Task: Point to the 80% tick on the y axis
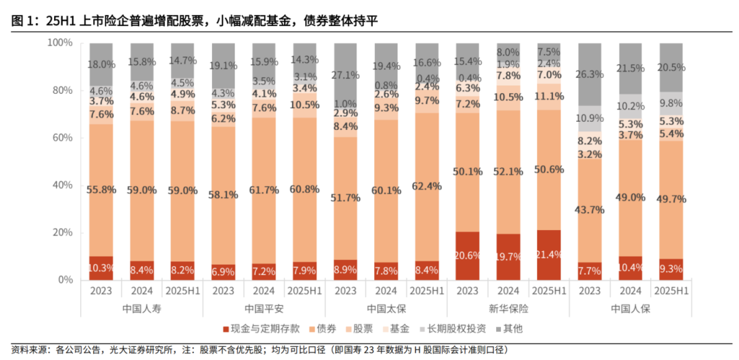[x=62, y=90]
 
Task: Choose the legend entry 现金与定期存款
[x=257, y=329]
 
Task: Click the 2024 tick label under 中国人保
[x=631, y=291]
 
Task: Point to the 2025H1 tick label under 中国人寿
[x=183, y=291]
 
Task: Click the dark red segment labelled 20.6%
[x=468, y=256]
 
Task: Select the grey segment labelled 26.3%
[x=591, y=73]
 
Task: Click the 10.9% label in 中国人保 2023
[x=591, y=118]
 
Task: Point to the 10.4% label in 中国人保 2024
[x=631, y=268]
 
